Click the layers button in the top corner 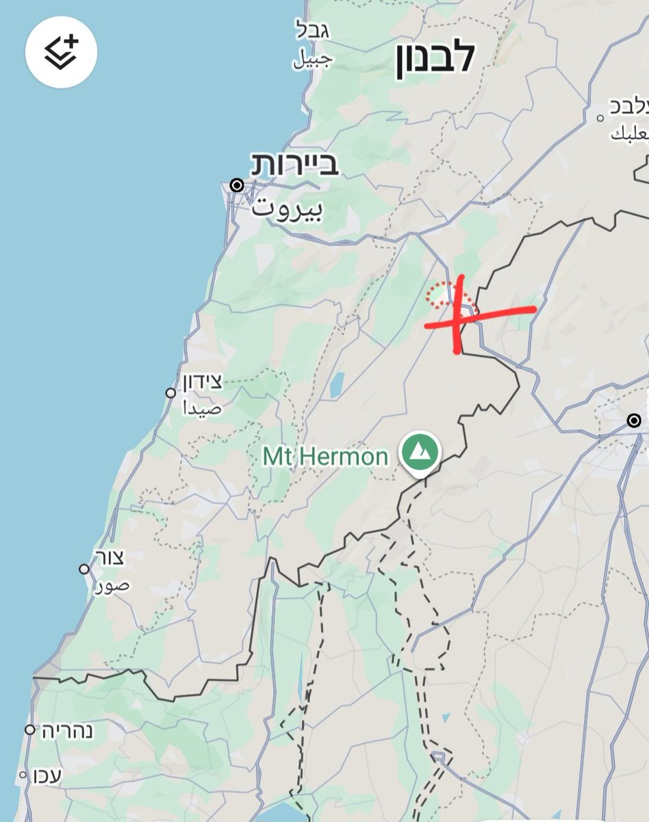(x=62, y=52)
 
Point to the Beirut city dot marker (x=237, y=185)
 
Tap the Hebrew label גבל (x=314, y=29)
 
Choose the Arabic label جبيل (x=313, y=60)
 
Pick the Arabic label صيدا (x=203, y=408)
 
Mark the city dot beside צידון (x=170, y=393)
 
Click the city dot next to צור (x=84, y=569)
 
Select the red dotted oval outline (x=449, y=296)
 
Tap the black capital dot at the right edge (x=635, y=420)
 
